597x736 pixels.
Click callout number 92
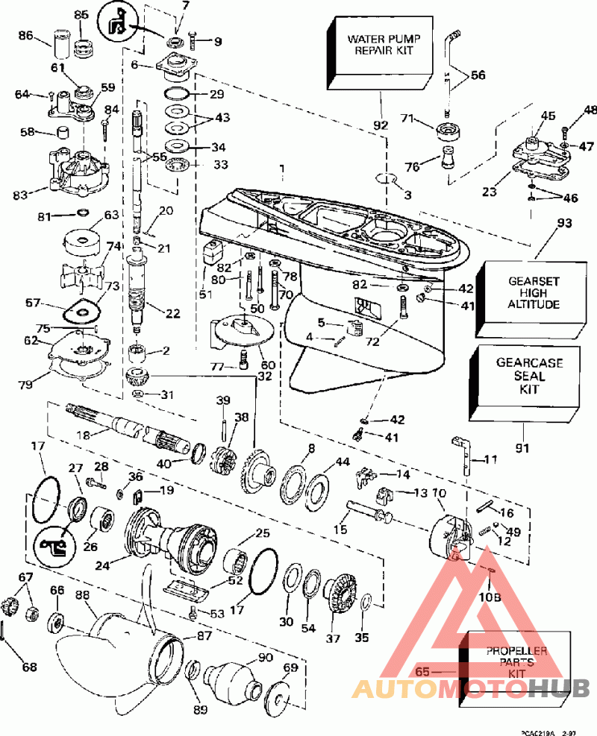tap(381, 125)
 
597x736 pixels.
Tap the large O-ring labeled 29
tap(176, 95)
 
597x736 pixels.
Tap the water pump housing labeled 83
tap(75, 170)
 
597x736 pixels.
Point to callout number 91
tap(523, 449)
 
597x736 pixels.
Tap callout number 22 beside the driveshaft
tap(173, 314)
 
